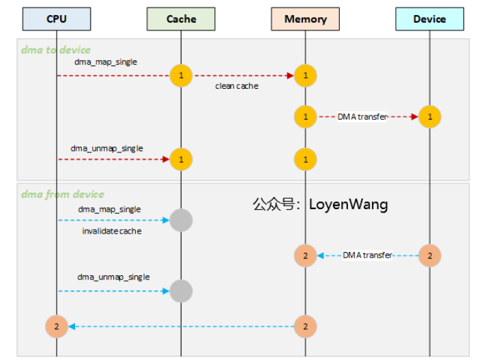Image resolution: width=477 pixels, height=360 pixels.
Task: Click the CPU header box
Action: pyautogui.click(x=57, y=19)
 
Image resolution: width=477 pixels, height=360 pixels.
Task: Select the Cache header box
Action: pyautogui.click(x=181, y=19)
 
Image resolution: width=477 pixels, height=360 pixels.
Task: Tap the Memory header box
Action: pyautogui.click(x=305, y=19)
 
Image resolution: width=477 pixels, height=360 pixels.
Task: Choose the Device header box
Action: pyautogui.click(x=429, y=19)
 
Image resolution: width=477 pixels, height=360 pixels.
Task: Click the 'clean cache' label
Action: pyautogui.click(x=236, y=86)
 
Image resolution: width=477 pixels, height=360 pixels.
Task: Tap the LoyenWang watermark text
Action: pyautogui.click(x=320, y=204)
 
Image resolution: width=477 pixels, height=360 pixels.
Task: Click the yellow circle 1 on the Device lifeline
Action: pyautogui.click(x=430, y=117)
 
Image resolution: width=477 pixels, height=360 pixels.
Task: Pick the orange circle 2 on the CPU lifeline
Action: pyautogui.click(x=57, y=327)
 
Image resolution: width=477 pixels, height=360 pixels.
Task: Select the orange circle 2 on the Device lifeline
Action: pyautogui.click(x=430, y=255)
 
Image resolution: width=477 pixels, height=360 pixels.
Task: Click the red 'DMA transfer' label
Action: pyautogui.click(x=362, y=117)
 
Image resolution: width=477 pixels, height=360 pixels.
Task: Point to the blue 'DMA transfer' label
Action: pyautogui.click(x=367, y=255)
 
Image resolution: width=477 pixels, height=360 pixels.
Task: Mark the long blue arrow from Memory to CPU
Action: pyautogui.click(x=181, y=327)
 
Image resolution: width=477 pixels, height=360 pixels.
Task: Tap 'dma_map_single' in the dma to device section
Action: pyautogui.click(x=106, y=62)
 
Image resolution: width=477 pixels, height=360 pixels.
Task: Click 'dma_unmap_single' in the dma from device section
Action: pyautogui.click(x=113, y=277)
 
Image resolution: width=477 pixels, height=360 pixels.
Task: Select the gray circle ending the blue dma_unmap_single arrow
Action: pyautogui.click(x=181, y=291)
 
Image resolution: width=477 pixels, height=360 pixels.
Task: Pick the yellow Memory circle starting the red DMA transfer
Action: pyautogui.click(x=305, y=117)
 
